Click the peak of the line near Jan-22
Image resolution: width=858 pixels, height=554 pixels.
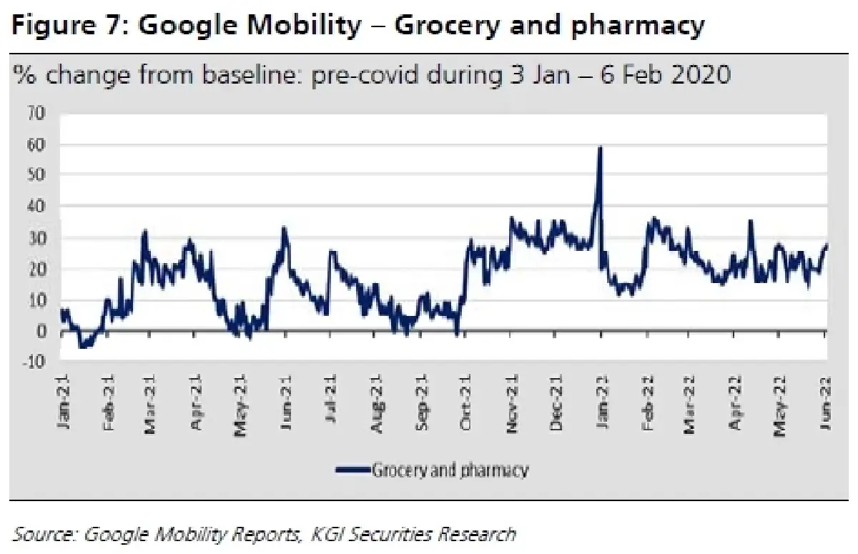600,148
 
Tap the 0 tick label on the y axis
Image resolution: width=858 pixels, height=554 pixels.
41,332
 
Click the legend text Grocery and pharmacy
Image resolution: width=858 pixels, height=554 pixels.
450,470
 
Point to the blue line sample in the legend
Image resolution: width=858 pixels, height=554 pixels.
352,470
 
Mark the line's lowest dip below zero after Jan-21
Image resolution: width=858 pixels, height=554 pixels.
83,347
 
